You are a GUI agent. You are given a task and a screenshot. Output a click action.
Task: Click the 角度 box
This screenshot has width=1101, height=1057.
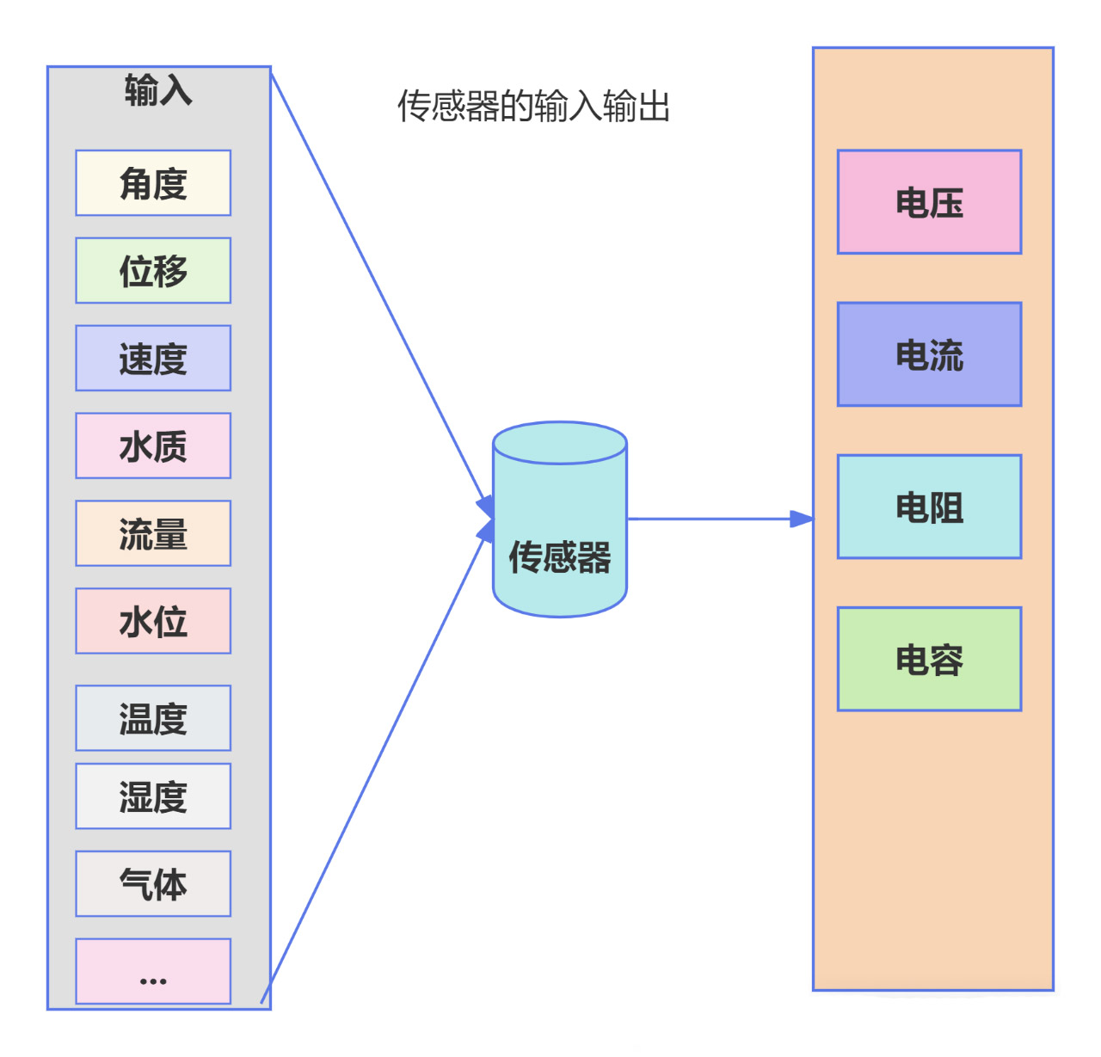pyautogui.click(x=153, y=183)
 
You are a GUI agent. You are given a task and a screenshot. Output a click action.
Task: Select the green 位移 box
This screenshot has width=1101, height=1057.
pyautogui.click(x=153, y=271)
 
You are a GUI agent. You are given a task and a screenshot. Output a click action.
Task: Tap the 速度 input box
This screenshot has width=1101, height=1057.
pyautogui.click(x=153, y=359)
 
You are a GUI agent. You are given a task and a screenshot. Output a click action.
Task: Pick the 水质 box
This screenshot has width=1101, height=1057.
pyautogui.click(x=153, y=446)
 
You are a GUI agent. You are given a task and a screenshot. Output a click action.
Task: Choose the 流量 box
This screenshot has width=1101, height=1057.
pyautogui.click(x=153, y=534)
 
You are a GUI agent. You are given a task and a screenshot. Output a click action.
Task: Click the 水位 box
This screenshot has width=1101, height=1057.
pyautogui.click(x=153, y=622)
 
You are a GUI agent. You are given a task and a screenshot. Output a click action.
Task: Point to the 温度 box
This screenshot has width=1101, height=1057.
pyautogui.click(x=153, y=718)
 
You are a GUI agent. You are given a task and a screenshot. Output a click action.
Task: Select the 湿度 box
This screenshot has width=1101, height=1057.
pyautogui.click(x=153, y=796)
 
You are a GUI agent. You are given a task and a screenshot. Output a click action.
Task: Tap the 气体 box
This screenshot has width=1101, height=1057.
pyautogui.click(x=153, y=884)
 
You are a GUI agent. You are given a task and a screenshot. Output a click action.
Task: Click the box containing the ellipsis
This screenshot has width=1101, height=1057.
pyautogui.click(x=153, y=972)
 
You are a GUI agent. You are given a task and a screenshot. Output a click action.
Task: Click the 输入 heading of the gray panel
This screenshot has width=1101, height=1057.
pyautogui.click(x=158, y=90)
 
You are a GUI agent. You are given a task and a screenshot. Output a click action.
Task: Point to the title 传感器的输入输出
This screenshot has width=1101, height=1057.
pyautogui.click(x=533, y=107)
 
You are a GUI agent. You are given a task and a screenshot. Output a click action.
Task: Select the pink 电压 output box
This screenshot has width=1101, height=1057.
pyautogui.click(x=929, y=203)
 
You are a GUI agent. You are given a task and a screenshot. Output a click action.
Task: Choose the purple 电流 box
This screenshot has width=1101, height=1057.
pyautogui.click(x=929, y=354)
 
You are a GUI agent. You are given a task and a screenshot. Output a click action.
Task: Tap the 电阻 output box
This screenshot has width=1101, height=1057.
pyautogui.click(x=929, y=507)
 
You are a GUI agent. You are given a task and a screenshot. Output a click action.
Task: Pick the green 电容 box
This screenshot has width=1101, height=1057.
pyautogui.click(x=929, y=660)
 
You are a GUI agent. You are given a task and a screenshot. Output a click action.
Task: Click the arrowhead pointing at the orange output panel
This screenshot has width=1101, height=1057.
pyautogui.click(x=802, y=519)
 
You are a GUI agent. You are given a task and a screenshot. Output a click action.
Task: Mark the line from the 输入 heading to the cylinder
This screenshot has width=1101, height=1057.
pyautogui.click(x=378, y=289)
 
